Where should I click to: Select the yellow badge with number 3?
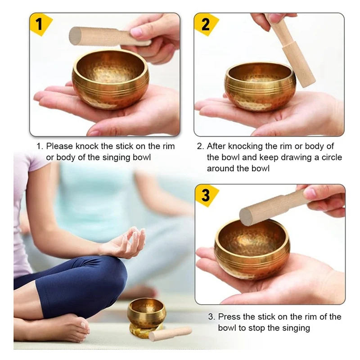pos(206,195)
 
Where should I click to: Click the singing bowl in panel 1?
pos(110,79)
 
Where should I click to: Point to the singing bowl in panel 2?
pos(260,87)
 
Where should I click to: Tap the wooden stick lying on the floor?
pos(170,334)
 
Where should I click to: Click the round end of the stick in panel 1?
pos(75,36)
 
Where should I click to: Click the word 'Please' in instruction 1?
pos(59,146)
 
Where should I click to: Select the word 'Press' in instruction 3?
pos(229,317)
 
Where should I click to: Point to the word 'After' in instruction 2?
pos(216,146)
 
